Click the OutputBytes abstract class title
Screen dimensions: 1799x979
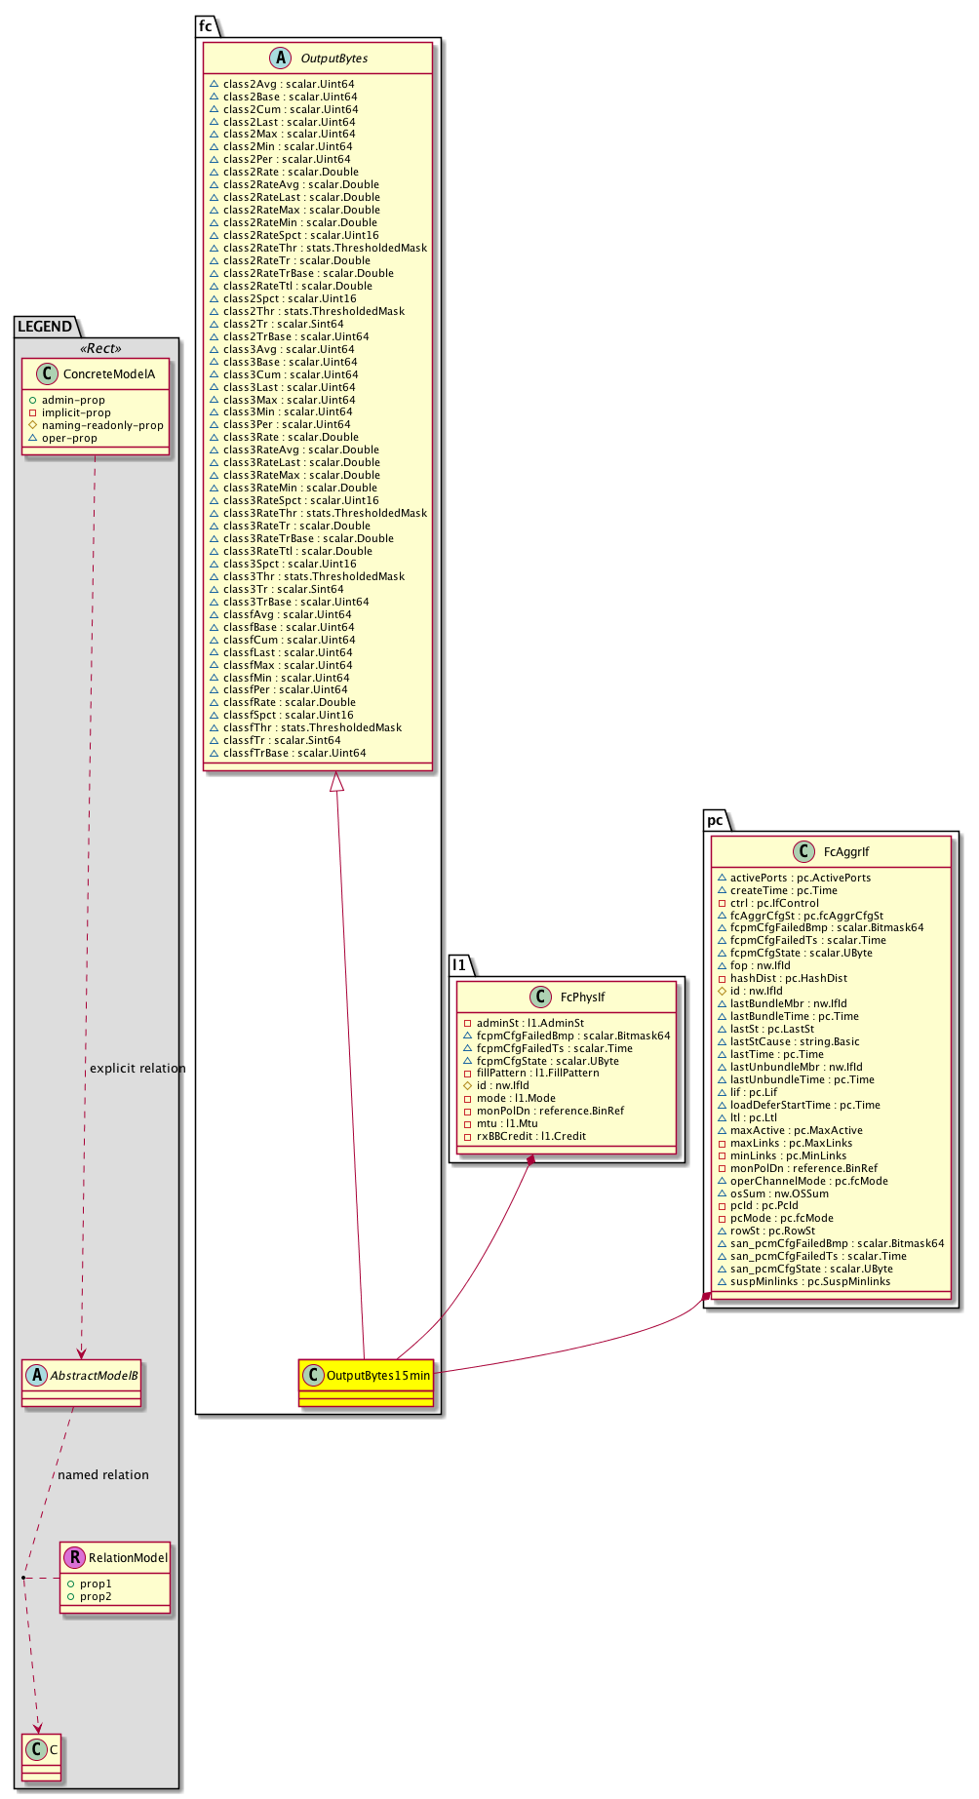[333, 59]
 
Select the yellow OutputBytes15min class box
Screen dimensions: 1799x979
[366, 1381]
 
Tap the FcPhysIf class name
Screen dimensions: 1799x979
[582, 997]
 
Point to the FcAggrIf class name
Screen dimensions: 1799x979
[845, 852]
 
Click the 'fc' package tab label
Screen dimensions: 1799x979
[206, 26]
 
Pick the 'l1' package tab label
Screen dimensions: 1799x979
[459, 964]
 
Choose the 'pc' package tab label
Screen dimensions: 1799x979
[715, 820]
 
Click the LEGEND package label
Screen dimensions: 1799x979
[45, 327]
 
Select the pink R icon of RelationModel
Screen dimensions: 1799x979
[74, 1557]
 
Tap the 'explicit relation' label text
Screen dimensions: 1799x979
[137, 1069]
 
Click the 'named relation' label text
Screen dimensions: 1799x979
[103, 1475]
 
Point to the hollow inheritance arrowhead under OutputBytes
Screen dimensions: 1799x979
[336, 781]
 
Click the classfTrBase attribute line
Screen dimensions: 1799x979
[294, 754]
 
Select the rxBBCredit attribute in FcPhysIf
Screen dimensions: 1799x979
[530, 1137]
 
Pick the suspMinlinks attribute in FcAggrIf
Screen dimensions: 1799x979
[809, 1282]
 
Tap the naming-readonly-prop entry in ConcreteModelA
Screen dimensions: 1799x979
[102, 426]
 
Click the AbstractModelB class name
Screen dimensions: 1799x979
[94, 1376]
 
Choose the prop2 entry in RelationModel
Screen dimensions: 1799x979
[96, 1597]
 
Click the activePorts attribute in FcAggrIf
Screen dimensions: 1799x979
[800, 879]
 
